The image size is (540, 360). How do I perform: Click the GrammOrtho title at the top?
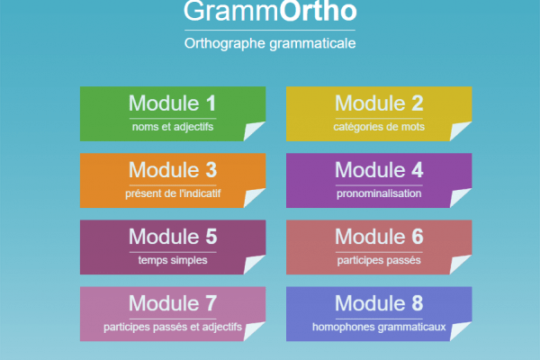(x=270, y=11)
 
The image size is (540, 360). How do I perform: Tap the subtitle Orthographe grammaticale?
(x=270, y=44)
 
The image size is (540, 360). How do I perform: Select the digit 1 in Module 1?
(x=211, y=103)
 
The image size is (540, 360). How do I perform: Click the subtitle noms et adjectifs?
(x=173, y=127)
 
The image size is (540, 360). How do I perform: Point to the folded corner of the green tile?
(x=253, y=130)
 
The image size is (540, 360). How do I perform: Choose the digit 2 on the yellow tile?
(x=418, y=103)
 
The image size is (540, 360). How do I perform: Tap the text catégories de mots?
(x=379, y=127)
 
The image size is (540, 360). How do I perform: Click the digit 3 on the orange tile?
(x=211, y=170)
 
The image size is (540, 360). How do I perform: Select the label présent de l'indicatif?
(x=173, y=193)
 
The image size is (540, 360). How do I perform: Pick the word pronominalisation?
(x=379, y=193)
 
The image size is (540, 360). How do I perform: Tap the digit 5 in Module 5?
(x=211, y=237)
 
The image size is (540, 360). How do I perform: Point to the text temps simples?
(x=173, y=260)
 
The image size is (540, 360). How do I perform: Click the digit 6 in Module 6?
(x=418, y=237)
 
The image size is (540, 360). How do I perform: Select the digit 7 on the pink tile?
(x=211, y=303)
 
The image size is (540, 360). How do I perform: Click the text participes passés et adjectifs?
(x=173, y=327)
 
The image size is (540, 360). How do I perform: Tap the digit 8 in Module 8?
(x=418, y=303)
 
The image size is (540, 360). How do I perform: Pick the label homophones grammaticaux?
(x=379, y=327)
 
